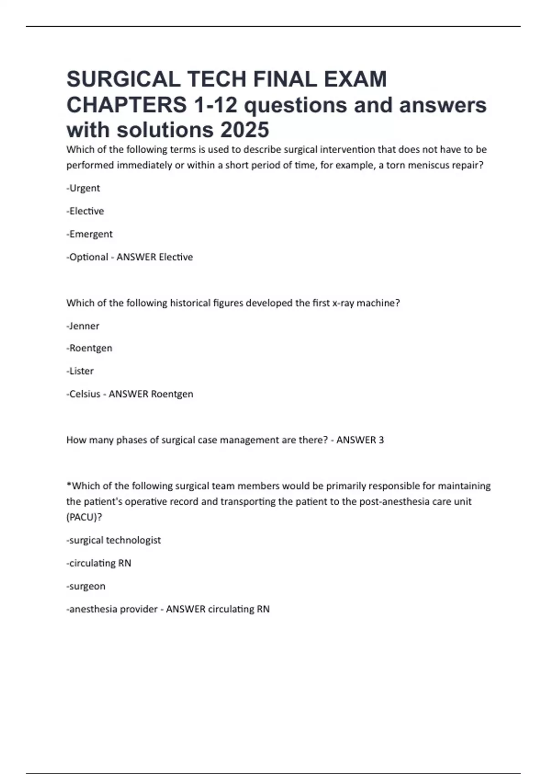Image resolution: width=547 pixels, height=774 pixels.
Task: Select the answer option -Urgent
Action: pyautogui.click(x=83, y=188)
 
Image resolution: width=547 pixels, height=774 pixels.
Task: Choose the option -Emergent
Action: pyautogui.click(x=90, y=234)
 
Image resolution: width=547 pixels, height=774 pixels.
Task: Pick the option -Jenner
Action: pyautogui.click(x=83, y=326)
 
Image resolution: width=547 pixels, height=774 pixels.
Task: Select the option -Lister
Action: pyautogui.click(x=80, y=371)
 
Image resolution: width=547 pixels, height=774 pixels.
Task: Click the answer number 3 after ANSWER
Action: pyautogui.click(x=381, y=440)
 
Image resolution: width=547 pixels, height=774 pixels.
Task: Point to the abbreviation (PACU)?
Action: pyautogui.click(x=84, y=517)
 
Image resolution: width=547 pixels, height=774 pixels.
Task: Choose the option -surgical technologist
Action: pyautogui.click(x=114, y=540)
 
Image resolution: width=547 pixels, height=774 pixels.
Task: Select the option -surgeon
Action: pyautogui.click(x=86, y=586)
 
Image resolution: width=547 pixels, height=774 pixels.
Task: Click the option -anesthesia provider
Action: pyautogui.click(x=112, y=609)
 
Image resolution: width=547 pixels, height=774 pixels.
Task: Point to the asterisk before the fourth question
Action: pyautogui.click(x=69, y=484)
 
